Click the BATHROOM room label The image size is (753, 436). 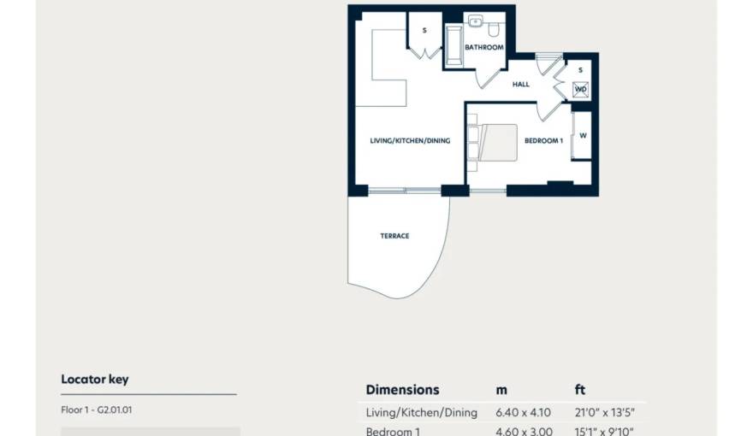(483, 48)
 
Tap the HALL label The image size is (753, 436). (521, 85)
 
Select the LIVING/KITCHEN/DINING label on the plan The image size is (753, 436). (410, 141)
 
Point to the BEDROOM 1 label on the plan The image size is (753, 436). (543, 141)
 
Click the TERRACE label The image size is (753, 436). (394, 236)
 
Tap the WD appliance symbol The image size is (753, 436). (580, 89)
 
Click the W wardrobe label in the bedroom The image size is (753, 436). (582, 136)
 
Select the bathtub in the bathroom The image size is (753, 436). (453, 47)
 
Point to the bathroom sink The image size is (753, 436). (476, 22)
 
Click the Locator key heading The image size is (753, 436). (94, 379)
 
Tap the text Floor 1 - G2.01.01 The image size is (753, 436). (97, 409)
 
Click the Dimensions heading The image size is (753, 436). (402, 390)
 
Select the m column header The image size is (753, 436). (501, 390)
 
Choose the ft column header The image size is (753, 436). (580, 390)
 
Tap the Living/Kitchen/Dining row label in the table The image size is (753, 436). (421, 413)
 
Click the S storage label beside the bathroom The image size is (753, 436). (424, 31)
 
